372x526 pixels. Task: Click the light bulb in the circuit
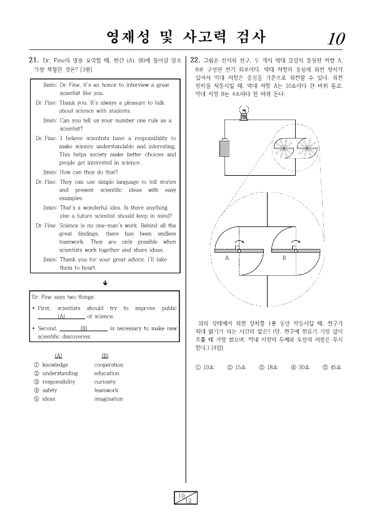244,113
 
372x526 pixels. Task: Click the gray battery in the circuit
224,148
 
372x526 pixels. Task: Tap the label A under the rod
227,258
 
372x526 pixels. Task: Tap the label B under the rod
284,258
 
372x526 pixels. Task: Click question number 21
34,61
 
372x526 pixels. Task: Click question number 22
195,61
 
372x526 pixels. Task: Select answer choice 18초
268,367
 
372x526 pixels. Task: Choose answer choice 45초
332,367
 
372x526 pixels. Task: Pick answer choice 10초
204,367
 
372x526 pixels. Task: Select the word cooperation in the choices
109,365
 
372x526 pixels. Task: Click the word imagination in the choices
108,399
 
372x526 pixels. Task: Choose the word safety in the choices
49,390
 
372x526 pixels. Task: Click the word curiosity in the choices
104,382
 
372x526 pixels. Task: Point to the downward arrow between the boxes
105,283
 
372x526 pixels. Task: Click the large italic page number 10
336,39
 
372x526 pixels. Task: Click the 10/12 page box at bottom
186,498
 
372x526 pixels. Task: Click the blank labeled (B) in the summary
84,329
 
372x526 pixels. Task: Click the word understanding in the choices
60,373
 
